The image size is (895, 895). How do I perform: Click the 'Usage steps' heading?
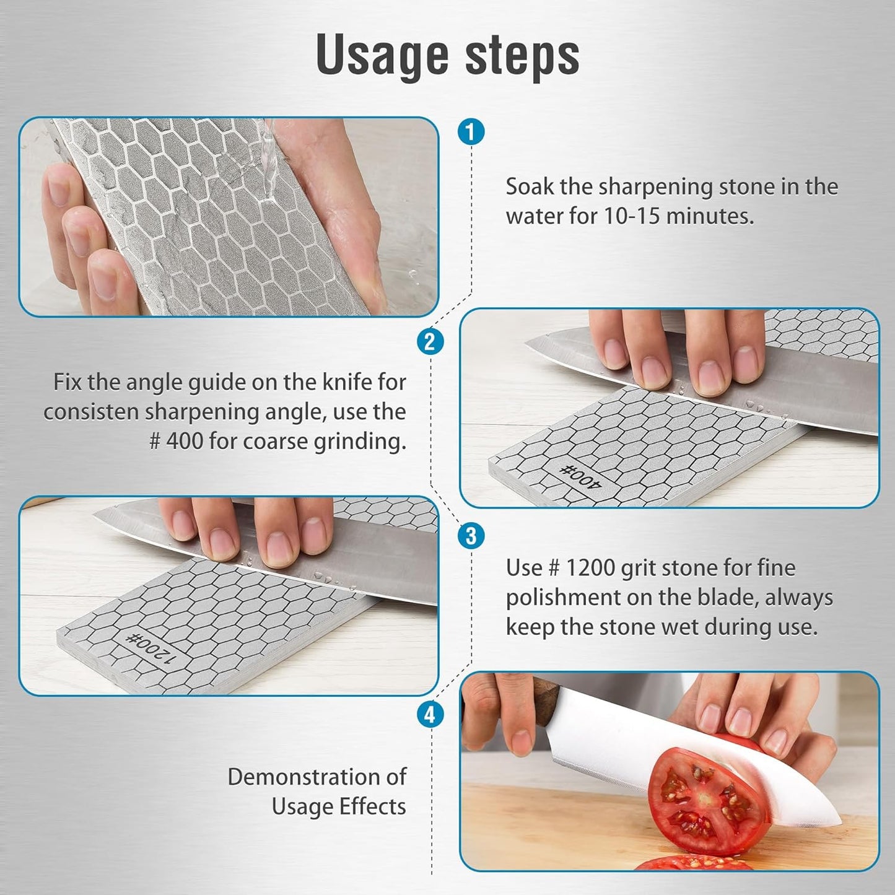447,56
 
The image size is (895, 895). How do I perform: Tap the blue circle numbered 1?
471,132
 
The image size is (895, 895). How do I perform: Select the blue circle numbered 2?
430,342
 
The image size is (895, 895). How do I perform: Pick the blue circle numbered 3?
471,535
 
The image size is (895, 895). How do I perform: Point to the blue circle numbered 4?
430,715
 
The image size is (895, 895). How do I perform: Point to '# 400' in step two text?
176,442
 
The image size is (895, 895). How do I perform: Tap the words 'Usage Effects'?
339,806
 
